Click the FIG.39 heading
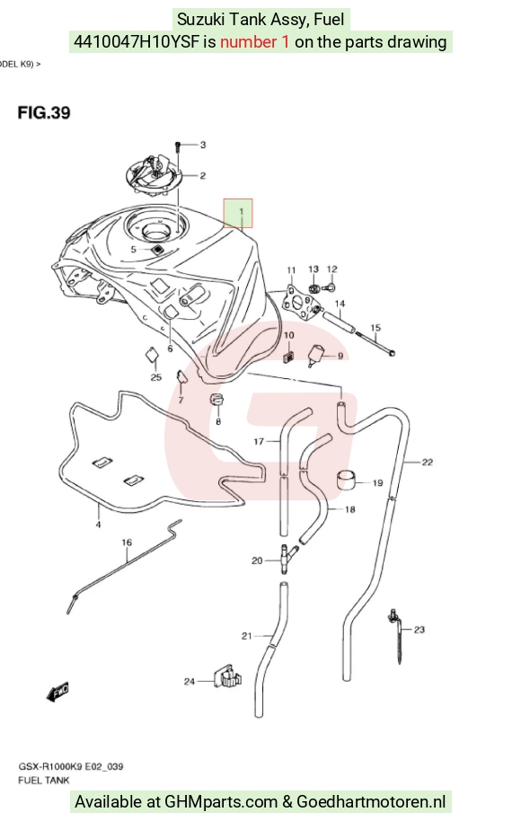click(x=44, y=113)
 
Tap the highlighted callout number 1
click(x=242, y=211)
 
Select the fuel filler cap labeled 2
click(x=153, y=175)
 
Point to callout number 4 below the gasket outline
click(x=99, y=524)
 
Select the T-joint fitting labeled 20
click(x=287, y=558)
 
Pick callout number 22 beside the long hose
click(x=428, y=462)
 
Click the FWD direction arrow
click(x=57, y=693)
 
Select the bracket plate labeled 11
click(x=299, y=300)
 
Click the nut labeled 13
click(x=314, y=287)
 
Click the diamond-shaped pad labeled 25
click(x=152, y=356)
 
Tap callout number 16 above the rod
click(x=127, y=543)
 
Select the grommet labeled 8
click(x=217, y=398)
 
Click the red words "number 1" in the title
click(x=254, y=41)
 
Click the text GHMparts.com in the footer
click(x=221, y=801)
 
